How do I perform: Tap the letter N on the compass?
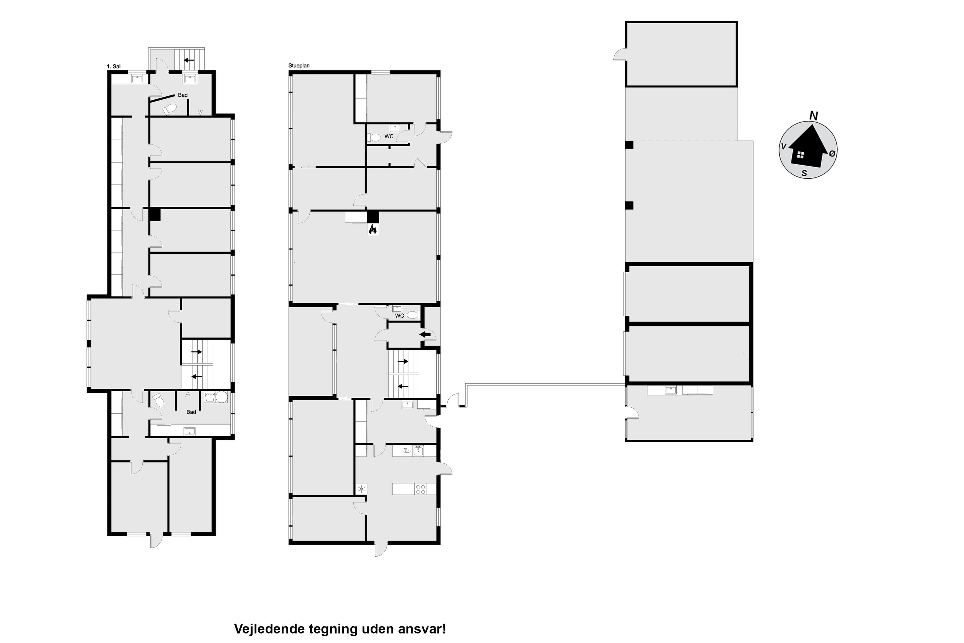click(814, 116)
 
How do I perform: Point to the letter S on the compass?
click(804, 174)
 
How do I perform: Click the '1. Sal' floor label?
click(113, 67)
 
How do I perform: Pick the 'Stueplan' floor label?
click(299, 66)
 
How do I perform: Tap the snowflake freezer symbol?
click(362, 489)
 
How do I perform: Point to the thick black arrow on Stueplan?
click(425, 334)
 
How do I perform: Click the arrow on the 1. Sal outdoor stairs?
click(189, 60)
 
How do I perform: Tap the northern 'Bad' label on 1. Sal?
click(183, 95)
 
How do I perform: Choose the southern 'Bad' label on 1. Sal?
click(191, 412)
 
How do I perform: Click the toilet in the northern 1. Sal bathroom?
click(169, 109)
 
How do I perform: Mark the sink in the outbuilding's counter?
click(671, 390)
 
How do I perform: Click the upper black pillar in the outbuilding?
click(629, 145)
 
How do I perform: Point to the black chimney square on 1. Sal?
click(155, 214)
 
